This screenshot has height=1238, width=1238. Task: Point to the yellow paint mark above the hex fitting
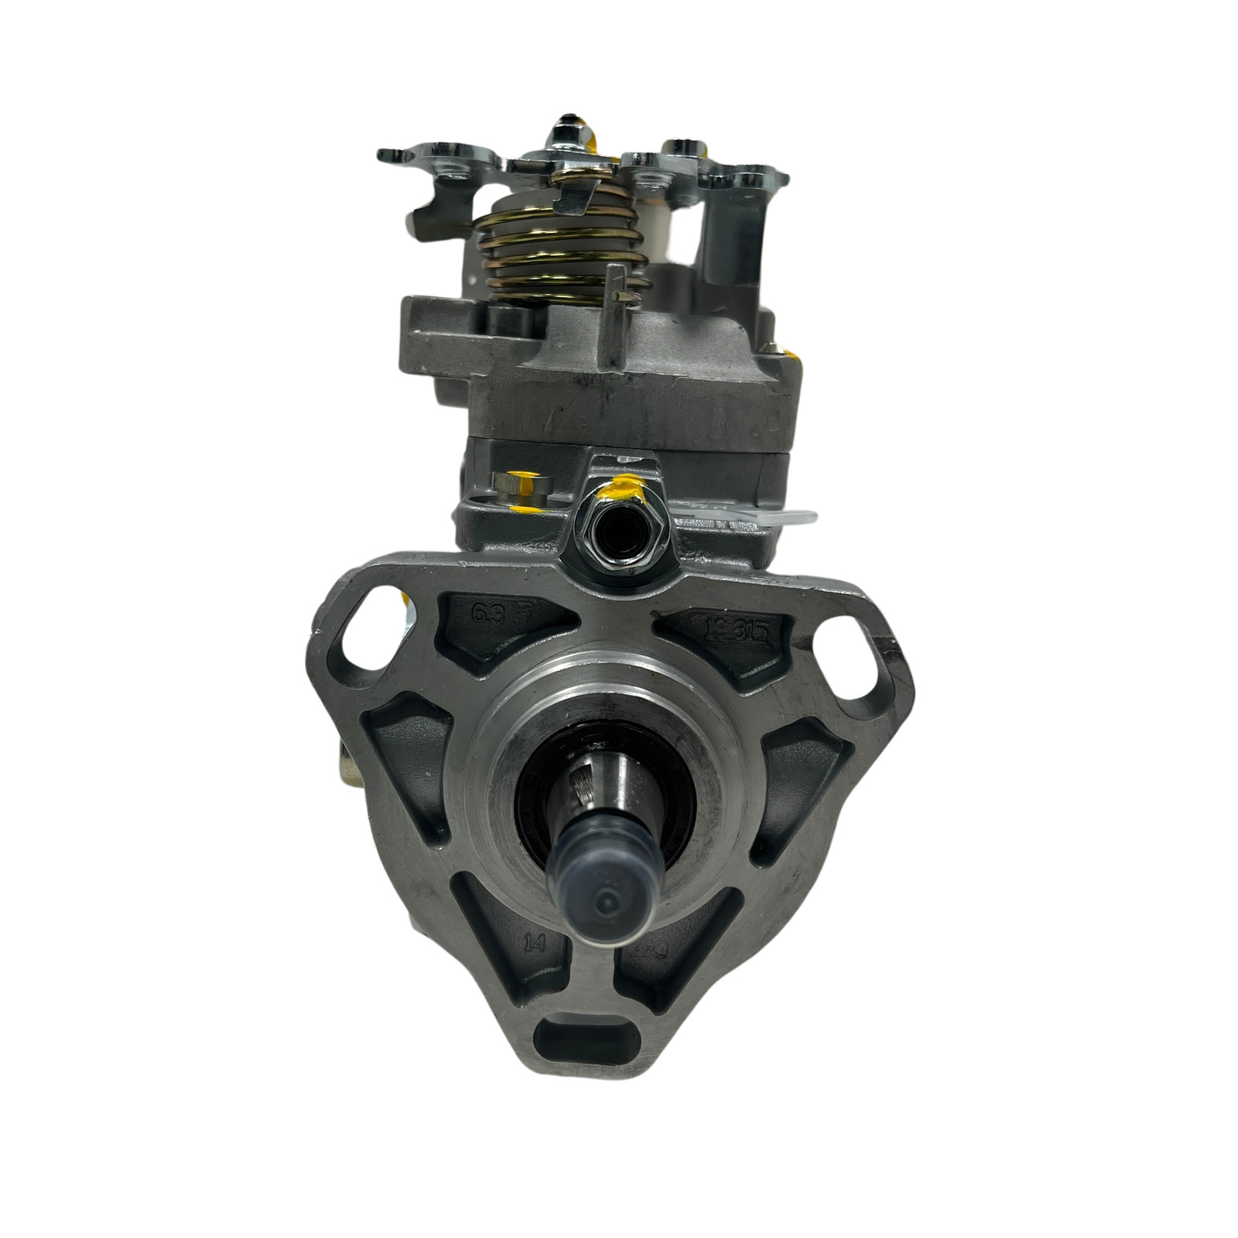[624, 490]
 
